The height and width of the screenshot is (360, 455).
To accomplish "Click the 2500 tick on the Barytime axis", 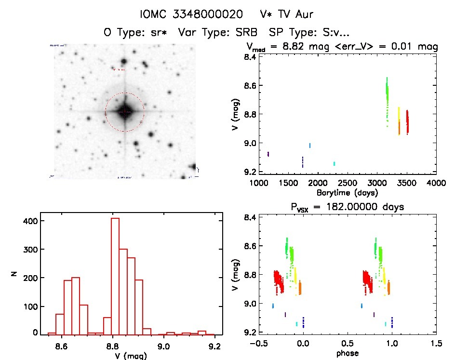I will tap(347, 183).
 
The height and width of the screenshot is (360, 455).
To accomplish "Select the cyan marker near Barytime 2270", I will tap(334, 163).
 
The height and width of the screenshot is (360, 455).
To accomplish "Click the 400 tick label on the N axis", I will tap(32, 221).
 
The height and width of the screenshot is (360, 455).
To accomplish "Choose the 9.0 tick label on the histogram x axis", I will tap(164, 345).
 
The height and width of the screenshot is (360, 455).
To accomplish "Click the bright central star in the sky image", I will tap(125, 112).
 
